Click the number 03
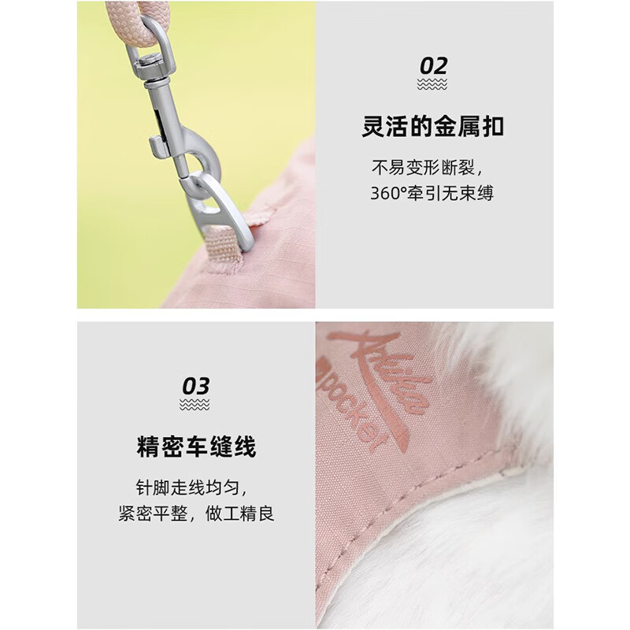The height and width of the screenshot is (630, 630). click(195, 387)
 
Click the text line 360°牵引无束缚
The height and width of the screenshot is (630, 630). click(432, 193)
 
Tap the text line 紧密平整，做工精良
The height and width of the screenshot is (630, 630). click(196, 515)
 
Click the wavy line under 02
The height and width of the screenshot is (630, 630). click(432, 84)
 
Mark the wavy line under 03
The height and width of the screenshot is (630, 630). click(195, 406)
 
